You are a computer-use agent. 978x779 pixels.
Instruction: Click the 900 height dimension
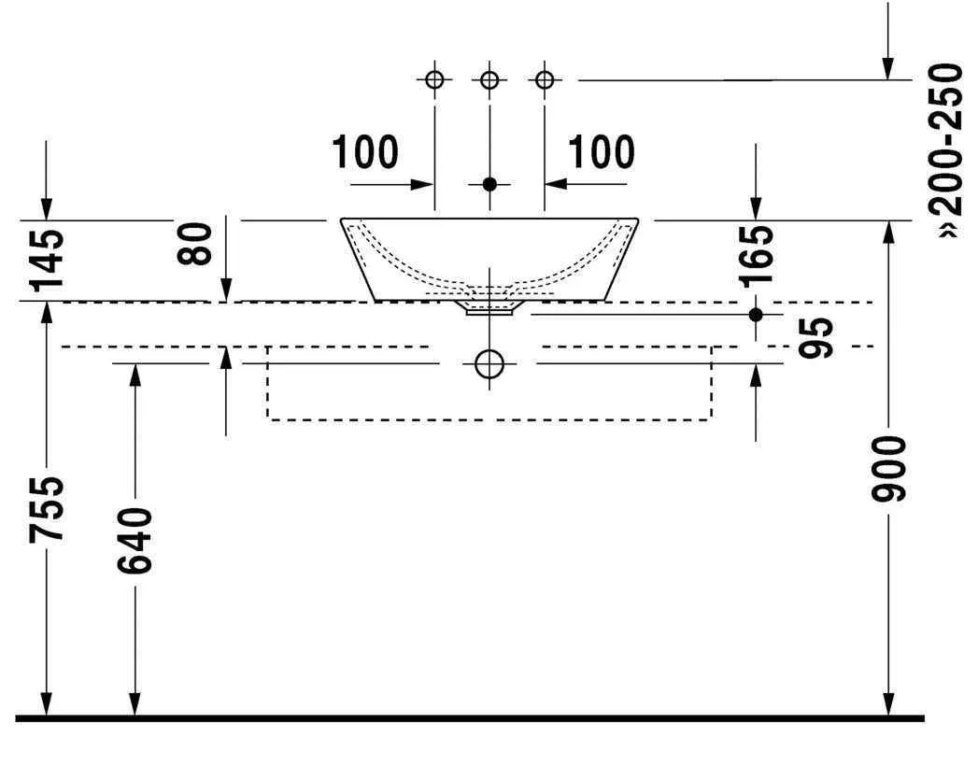[x=888, y=469]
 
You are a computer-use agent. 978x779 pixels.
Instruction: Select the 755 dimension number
[x=47, y=508]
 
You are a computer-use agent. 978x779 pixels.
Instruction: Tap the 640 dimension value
[x=135, y=540]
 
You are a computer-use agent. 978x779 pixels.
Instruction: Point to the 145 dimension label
[x=47, y=260]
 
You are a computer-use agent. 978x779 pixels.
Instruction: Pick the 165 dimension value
[x=757, y=256]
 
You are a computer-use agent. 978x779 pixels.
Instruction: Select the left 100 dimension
[x=365, y=152]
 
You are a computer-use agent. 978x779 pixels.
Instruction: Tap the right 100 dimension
[x=602, y=152]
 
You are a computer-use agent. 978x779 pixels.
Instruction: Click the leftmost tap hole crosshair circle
[x=434, y=79]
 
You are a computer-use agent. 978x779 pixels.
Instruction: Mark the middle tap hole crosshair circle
[x=489, y=79]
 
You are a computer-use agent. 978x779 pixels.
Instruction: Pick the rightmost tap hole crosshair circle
[x=545, y=79]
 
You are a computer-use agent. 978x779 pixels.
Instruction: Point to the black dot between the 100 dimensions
[x=489, y=184]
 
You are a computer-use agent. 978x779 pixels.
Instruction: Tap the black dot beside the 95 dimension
[x=756, y=315]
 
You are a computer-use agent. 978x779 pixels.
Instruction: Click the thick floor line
[x=470, y=718]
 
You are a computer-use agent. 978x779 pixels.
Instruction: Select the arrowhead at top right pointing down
[x=888, y=69]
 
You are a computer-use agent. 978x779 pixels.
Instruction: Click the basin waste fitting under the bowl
[x=489, y=307]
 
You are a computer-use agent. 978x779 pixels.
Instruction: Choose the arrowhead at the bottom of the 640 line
[x=135, y=704]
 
